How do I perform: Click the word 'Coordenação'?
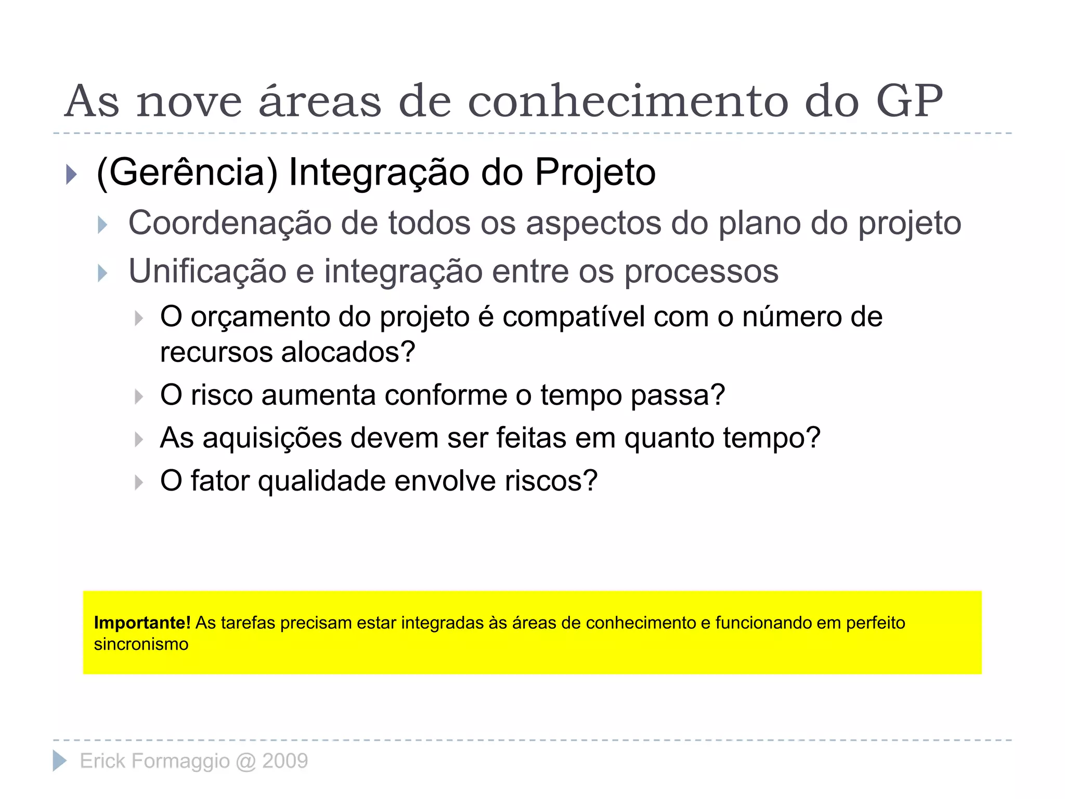229,224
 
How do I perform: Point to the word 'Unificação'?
207,272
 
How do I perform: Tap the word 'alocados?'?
348,353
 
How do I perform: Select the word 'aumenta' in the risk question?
318,395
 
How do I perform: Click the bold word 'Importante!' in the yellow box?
142,623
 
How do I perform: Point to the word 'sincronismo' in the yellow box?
141,645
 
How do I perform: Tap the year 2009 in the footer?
285,761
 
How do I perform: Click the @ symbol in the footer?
246,762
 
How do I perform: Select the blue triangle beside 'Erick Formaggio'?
60,761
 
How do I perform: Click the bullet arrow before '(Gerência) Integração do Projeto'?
72,174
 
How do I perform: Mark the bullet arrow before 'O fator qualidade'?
138,483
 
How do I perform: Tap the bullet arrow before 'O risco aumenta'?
138,397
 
